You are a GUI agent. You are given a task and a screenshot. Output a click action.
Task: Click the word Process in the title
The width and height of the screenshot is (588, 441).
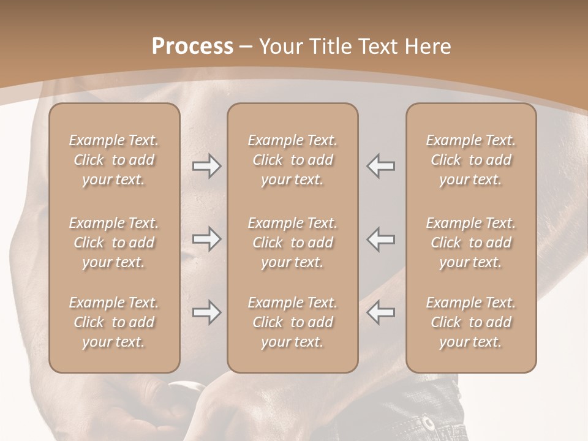pos(192,47)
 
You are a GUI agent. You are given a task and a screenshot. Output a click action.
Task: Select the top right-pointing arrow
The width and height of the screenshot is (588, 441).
pos(206,166)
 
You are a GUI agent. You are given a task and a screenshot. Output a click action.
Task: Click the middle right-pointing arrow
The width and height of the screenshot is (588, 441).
pos(206,239)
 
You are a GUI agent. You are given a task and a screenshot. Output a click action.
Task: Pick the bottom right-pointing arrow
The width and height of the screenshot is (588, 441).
pos(206,312)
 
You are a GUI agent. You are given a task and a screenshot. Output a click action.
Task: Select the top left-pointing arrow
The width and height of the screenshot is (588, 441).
pos(380,166)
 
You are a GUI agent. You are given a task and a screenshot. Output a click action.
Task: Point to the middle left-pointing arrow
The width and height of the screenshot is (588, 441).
pos(380,239)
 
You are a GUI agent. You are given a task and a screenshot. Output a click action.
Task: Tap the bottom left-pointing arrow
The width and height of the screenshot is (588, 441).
pos(380,312)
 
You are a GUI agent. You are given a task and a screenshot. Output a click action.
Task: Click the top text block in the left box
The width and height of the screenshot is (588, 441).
pos(114,160)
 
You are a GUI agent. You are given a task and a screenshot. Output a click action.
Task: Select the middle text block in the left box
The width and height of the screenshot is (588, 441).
pos(114,243)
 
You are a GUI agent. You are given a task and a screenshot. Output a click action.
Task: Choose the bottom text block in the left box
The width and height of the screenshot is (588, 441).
pos(114,322)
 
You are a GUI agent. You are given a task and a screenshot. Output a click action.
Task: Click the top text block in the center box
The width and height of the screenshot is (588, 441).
pos(293,160)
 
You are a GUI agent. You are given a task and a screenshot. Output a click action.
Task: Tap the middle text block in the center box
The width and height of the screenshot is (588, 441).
pos(293,243)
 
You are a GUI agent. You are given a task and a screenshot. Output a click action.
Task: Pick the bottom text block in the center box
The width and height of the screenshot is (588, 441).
pos(293,322)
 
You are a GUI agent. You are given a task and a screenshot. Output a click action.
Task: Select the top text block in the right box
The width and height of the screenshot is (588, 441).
pos(471,160)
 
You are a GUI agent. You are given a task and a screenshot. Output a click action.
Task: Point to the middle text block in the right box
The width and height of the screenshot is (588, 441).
pos(471,243)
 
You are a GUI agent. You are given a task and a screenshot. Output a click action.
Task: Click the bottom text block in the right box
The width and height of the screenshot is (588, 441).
pos(471,322)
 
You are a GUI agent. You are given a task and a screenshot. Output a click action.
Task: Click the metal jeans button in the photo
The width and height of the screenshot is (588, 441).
pos(428,423)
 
